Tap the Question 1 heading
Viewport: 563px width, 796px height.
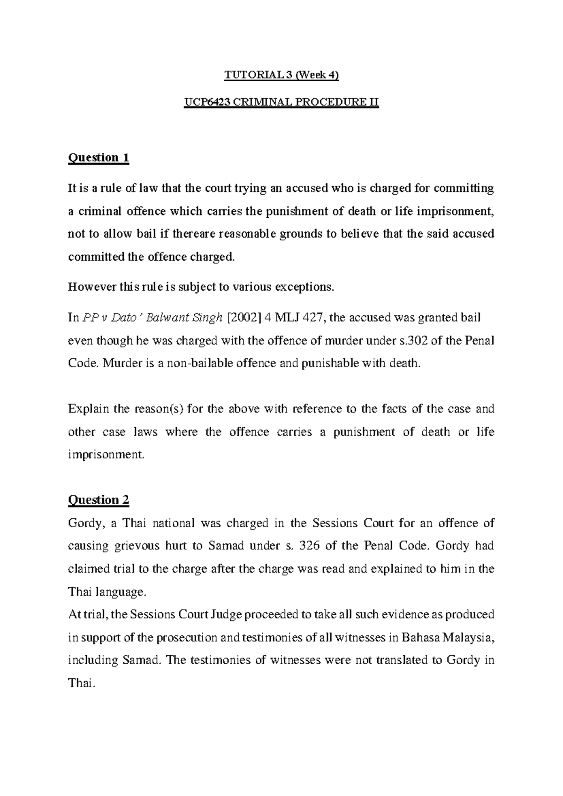(99, 158)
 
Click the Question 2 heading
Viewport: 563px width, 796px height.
(99, 500)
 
